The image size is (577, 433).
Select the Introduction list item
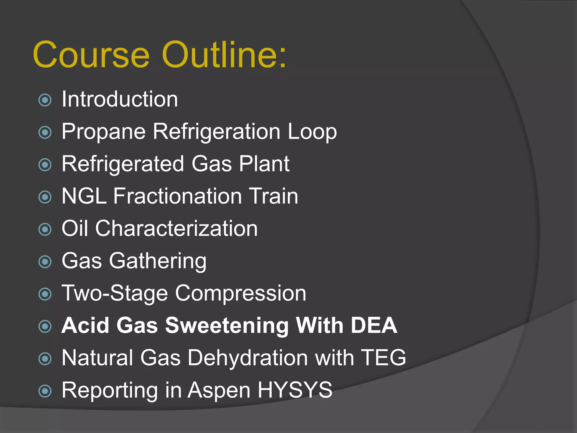coord(120,99)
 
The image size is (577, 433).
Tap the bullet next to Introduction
coord(45,100)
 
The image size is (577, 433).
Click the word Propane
coord(103,132)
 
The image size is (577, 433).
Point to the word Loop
coord(312,132)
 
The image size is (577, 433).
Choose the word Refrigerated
coord(123,164)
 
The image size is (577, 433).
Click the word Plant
coord(264,164)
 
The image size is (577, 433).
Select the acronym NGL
coord(84,196)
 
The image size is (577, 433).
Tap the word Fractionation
coord(177,196)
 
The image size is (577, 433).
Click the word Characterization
coord(176,228)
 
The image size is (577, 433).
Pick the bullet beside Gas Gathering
coord(45,262)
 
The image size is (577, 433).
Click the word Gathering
coord(158,261)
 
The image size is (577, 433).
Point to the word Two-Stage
coord(115,293)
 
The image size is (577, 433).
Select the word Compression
coord(241,293)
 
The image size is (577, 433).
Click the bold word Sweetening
coord(227,326)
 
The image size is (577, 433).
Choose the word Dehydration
coord(248,358)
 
